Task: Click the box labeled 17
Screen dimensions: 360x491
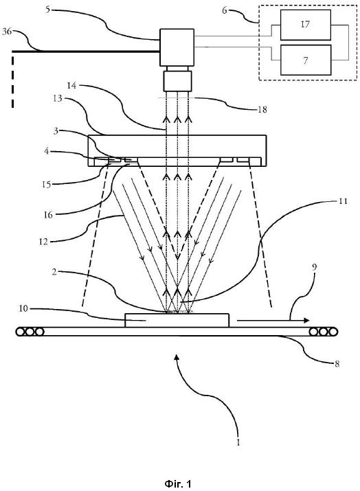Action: pos(306,25)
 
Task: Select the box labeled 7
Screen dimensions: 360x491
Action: pos(306,60)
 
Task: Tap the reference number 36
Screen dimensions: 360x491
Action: pos(7,32)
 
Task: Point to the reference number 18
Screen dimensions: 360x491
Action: pos(262,109)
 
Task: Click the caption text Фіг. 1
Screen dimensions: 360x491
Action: pos(178,483)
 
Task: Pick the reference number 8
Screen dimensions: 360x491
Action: pos(337,363)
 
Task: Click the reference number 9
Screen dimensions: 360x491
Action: pos(315,267)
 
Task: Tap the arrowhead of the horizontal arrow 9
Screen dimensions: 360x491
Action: pos(306,320)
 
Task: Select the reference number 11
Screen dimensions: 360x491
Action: pos(344,201)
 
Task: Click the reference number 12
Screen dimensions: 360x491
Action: pos(43,242)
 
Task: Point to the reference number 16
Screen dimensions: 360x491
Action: pos(48,215)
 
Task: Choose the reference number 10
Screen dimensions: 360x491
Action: pos(23,308)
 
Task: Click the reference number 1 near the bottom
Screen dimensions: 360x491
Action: pos(238,442)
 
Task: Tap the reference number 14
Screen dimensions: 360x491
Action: pos(71,85)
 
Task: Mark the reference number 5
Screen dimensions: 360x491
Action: pos(47,10)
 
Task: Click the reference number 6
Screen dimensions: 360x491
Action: pos(225,10)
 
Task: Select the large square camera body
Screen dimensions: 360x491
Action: pos(177,47)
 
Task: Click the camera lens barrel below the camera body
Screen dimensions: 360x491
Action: pos(178,81)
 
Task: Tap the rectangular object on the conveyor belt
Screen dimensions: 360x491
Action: pos(177,320)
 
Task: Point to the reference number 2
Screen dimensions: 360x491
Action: pos(54,272)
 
